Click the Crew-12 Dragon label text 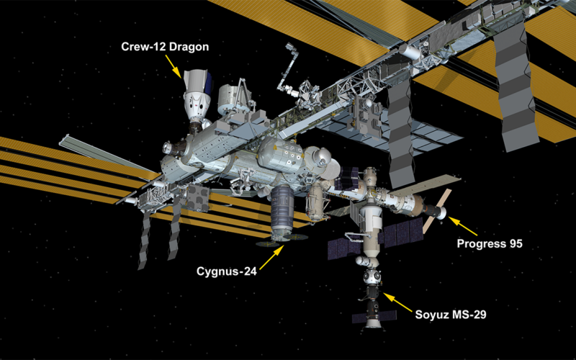pyautogui.click(x=165, y=47)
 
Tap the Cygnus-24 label pyautogui.click(x=227, y=271)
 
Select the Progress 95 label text pyautogui.click(x=490, y=243)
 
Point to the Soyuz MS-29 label pyautogui.click(x=451, y=315)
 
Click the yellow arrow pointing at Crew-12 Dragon pyautogui.click(x=173, y=66)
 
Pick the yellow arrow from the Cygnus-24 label pyautogui.click(x=271, y=258)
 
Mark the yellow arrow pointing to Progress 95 pyautogui.click(x=463, y=226)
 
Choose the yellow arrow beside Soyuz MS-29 pyautogui.click(x=398, y=302)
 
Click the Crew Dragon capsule pyautogui.click(x=197, y=97)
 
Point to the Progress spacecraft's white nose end pyautogui.click(x=442, y=212)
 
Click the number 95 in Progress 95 pyautogui.click(x=515, y=243)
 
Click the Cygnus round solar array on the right pyautogui.click(x=297, y=237)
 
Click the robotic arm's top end pyautogui.click(x=290, y=47)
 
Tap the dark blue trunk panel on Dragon pyautogui.click(x=210, y=82)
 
